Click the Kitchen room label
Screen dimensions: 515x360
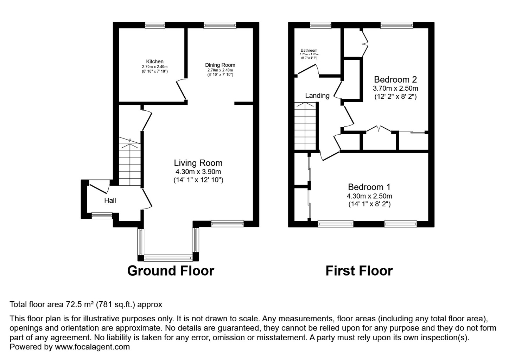155,62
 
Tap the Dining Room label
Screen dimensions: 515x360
220,65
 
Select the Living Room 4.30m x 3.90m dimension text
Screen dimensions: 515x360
198,172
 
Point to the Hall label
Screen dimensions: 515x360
110,200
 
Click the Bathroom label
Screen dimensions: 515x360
309,50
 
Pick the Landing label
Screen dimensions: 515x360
317,95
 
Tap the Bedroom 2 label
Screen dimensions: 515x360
395,79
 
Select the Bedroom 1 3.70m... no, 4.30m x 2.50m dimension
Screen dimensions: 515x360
369,196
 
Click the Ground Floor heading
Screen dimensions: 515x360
171,271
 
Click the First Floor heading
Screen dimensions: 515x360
359,271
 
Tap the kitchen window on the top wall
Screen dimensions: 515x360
155,25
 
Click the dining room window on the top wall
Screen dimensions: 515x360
220,25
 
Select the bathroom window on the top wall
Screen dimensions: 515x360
321,25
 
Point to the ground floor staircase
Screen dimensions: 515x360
130,161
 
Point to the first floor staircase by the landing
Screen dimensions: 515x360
305,126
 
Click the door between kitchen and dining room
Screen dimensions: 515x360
182,89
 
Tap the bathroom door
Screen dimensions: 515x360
308,69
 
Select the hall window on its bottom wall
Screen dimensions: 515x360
102,215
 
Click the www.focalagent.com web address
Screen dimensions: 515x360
92,347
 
